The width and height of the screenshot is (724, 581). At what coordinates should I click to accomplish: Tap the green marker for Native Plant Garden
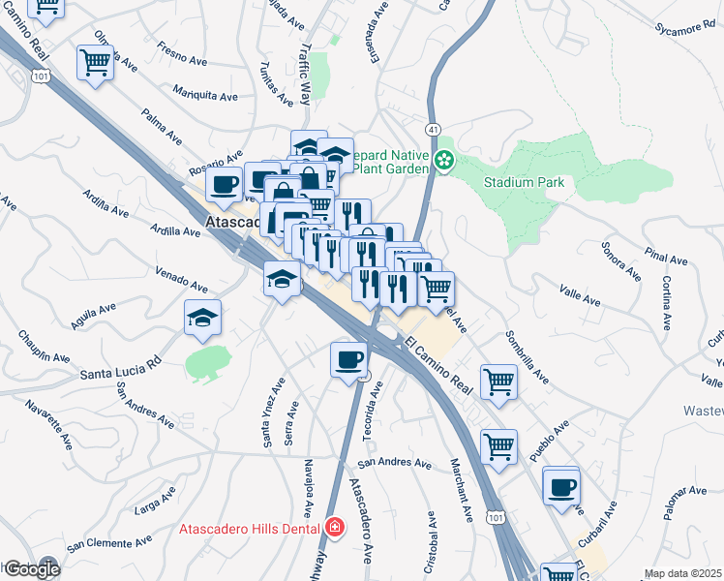(444, 161)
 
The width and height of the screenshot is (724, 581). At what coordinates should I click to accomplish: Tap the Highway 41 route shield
(432, 129)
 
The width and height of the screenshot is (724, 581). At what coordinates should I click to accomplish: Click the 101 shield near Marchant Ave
(495, 519)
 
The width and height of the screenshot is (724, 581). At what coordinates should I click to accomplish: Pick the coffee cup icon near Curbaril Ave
(560, 486)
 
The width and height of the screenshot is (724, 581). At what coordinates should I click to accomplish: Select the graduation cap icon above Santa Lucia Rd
(202, 318)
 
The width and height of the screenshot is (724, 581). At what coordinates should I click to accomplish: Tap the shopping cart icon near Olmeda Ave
(96, 62)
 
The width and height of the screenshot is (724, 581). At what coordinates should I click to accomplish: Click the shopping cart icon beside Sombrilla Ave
(499, 381)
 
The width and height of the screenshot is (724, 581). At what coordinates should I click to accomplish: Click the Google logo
(31, 569)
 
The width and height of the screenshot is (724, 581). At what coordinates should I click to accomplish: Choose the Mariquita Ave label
(205, 97)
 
